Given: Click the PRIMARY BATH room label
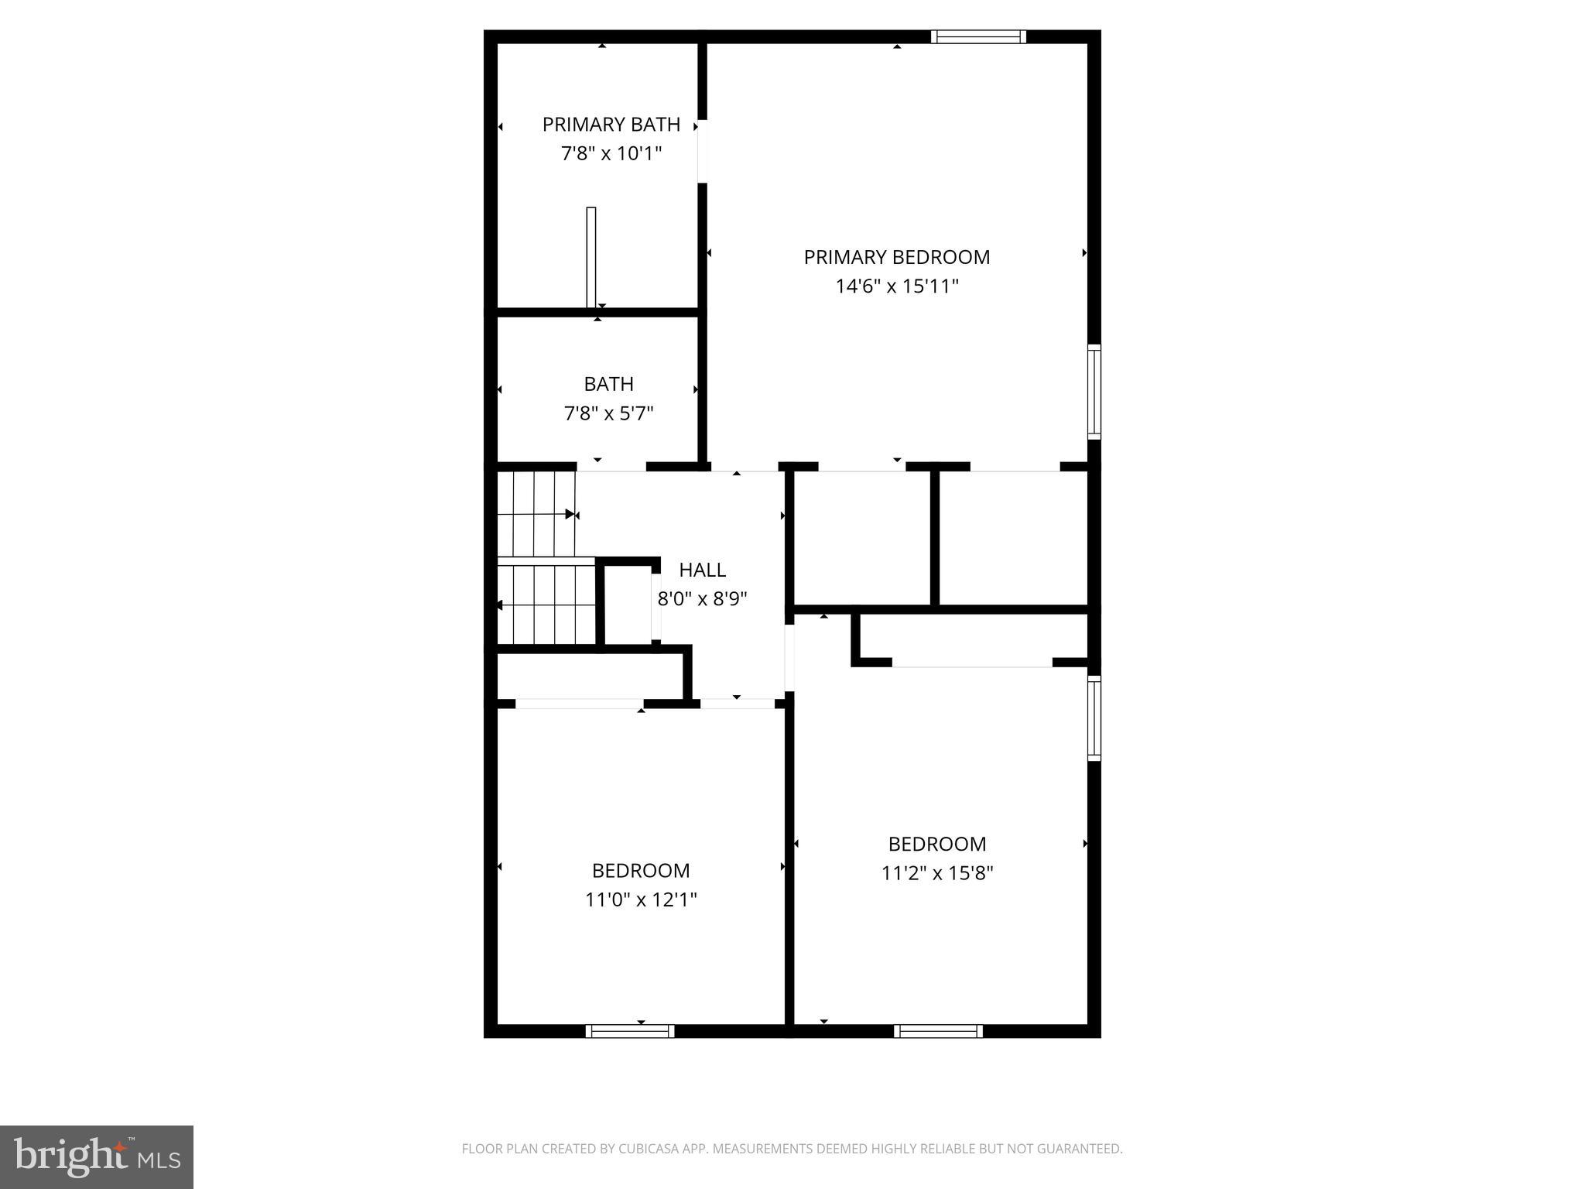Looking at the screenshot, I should click(611, 125).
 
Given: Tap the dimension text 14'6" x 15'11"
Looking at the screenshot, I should click(896, 286).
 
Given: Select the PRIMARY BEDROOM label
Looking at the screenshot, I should click(896, 257).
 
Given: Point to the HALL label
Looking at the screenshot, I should click(702, 570).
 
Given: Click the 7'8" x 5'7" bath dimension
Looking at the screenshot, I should click(608, 413).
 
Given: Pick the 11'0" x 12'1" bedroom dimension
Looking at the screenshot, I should click(641, 899).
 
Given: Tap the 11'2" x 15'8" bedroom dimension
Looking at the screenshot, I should click(936, 873).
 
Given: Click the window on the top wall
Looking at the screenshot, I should click(978, 36).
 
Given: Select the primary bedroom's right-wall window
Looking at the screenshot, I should click(1094, 392).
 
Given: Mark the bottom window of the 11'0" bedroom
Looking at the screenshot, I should click(630, 1031).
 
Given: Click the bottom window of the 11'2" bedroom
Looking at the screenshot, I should click(938, 1031).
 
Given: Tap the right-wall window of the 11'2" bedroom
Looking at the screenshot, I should click(1094, 718).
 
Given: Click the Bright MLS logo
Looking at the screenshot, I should click(97, 1156).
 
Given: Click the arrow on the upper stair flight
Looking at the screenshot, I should click(570, 514).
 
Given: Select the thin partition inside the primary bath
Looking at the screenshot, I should click(591, 257).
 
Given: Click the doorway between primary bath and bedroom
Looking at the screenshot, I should click(702, 151).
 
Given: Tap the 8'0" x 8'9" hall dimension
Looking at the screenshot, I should click(702, 598).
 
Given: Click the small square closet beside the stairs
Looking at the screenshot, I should click(628, 605).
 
